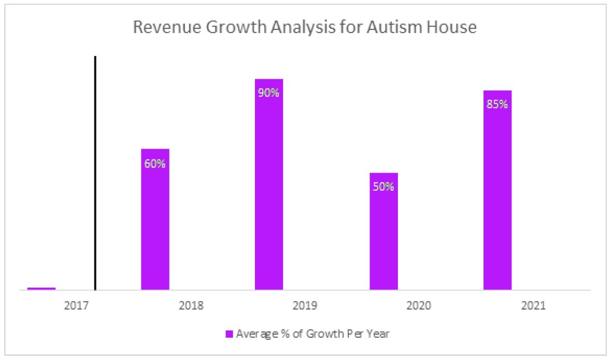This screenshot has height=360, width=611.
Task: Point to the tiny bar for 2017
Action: (x=41, y=289)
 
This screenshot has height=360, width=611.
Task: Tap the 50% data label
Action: (x=383, y=186)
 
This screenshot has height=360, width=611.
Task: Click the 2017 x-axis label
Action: (x=75, y=306)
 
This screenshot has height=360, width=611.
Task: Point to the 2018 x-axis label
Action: (x=191, y=306)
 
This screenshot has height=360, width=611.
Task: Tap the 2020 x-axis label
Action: (x=419, y=306)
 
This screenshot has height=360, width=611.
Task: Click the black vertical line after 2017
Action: (x=95, y=171)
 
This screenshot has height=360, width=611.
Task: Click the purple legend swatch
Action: (x=229, y=334)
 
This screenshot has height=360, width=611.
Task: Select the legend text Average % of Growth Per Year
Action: (x=312, y=334)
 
